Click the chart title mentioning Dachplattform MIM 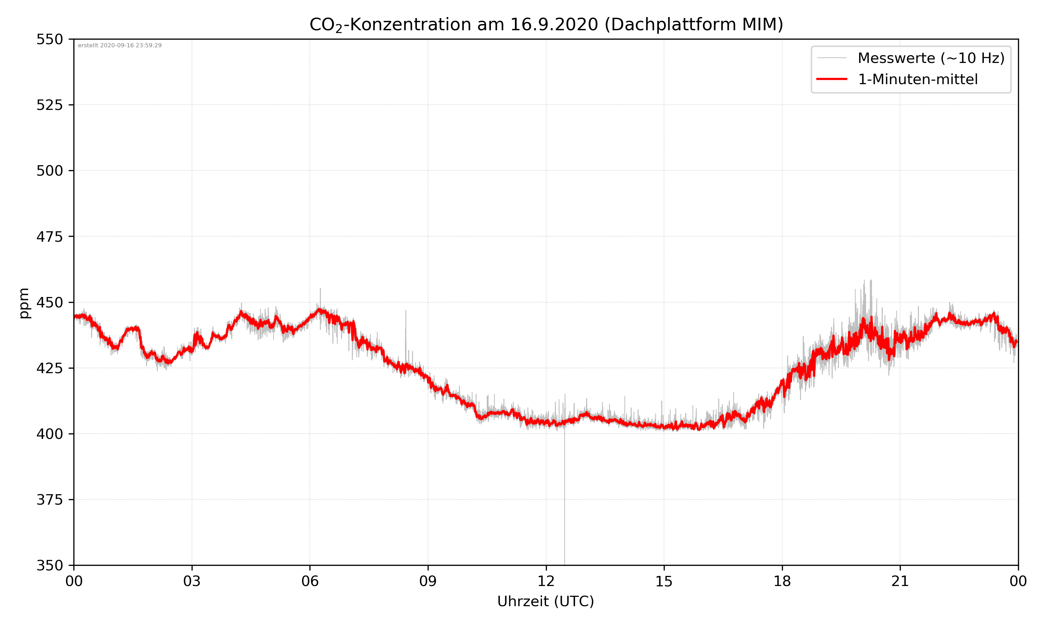pyautogui.click(x=546, y=24)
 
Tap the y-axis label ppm pyautogui.click(x=24, y=303)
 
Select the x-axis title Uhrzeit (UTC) pyautogui.click(x=545, y=601)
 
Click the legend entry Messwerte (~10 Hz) pyautogui.click(x=931, y=58)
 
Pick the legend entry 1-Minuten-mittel pyautogui.click(x=917, y=79)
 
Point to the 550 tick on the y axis pyautogui.click(x=49, y=39)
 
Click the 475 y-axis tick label pyautogui.click(x=49, y=236)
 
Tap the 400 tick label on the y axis pyautogui.click(x=49, y=434)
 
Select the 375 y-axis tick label pyautogui.click(x=49, y=500)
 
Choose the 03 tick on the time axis pyautogui.click(x=192, y=581)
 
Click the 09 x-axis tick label pyautogui.click(x=428, y=581)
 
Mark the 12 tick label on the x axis pyautogui.click(x=546, y=581)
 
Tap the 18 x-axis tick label pyautogui.click(x=782, y=581)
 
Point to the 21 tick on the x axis pyautogui.click(x=900, y=581)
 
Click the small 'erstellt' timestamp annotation pyautogui.click(x=120, y=46)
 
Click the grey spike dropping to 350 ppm pyautogui.click(x=565, y=506)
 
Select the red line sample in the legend pyautogui.click(x=831, y=79)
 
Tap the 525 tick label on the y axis pyautogui.click(x=49, y=105)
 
